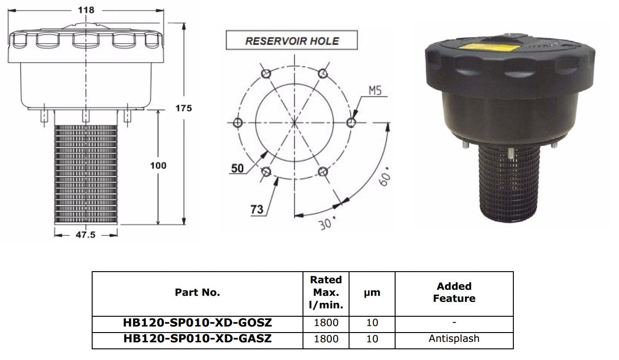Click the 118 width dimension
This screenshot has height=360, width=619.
(86, 10)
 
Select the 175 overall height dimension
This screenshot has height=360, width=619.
(183, 108)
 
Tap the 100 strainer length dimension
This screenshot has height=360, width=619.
(158, 166)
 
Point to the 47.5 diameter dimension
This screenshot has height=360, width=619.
(85, 235)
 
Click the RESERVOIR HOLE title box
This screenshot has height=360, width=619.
(292, 40)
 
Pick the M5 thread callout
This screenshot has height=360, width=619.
(375, 91)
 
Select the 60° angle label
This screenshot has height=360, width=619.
(384, 177)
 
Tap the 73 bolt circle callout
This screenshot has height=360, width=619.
(257, 210)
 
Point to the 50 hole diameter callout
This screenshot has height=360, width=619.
(237, 168)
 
